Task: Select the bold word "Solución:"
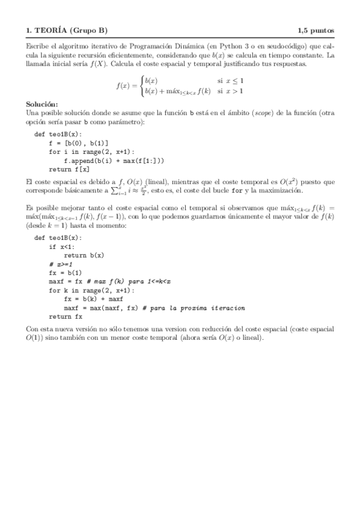tap(43, 105)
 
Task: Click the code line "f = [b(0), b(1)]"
tap(78, 143)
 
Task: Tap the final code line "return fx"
tap(66, 316)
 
